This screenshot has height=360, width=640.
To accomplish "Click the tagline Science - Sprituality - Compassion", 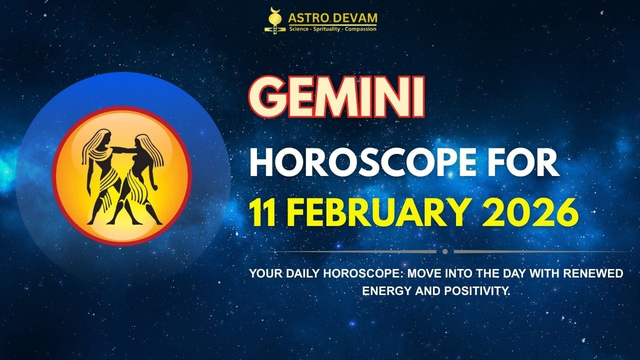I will pyautogui.click(x=332, y=29).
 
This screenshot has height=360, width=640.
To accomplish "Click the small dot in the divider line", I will pyautogui.click(x=445, y=251).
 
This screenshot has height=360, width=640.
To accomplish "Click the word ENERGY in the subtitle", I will pyautogui.click(x=382, y=290).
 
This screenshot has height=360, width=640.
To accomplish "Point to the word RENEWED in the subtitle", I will pyautogui.click(x=599, y=274).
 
